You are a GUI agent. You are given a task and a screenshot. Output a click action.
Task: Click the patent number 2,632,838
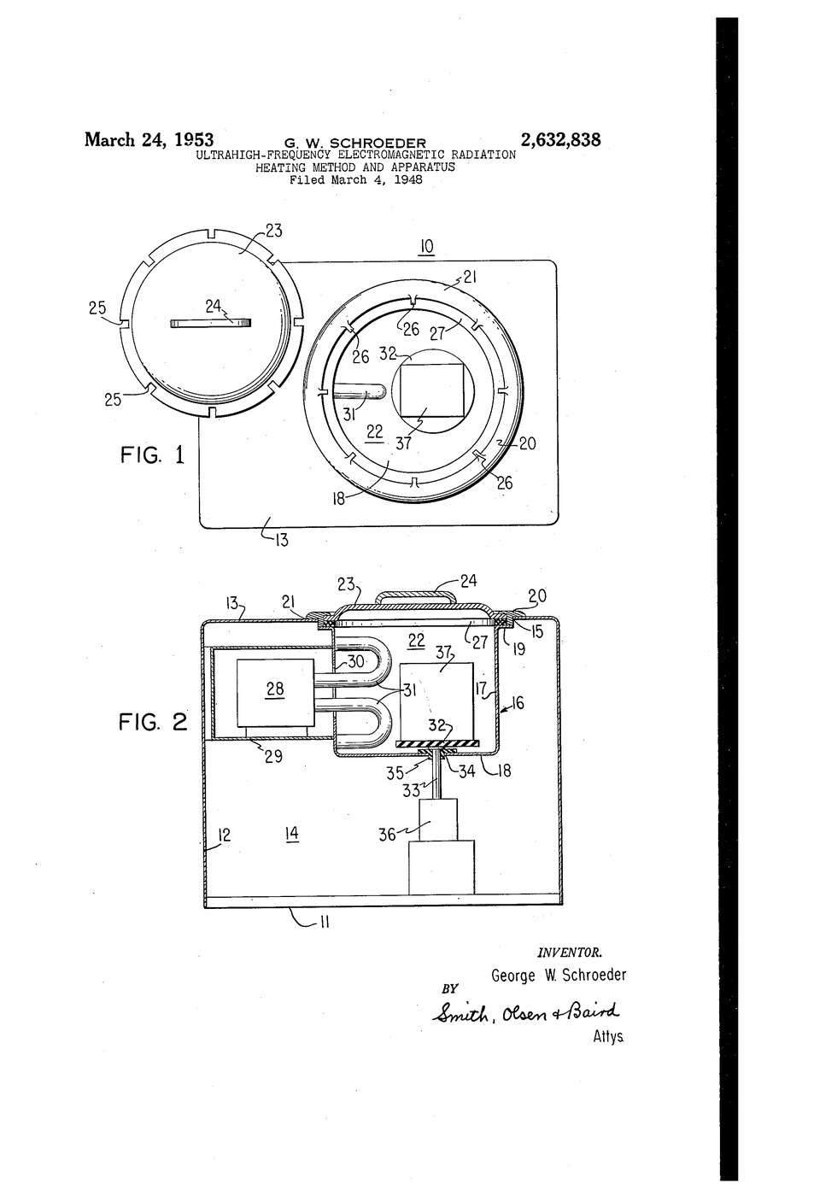pos(560,140)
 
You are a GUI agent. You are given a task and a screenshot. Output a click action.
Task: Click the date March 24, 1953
pos(149,140)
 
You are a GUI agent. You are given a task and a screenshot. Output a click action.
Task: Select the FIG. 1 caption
pos(153,454)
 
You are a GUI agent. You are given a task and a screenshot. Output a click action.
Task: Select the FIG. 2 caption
pos(153,723)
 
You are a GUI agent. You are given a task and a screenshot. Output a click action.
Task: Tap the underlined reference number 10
pos(427,247)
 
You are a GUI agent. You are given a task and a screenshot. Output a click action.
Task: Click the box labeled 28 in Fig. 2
pos(275,693)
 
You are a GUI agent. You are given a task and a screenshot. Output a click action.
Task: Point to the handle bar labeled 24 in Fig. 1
pos(211,323)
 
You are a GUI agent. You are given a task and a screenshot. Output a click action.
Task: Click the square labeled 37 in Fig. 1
pos(432,390)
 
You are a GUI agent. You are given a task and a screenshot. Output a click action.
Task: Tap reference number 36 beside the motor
pos(387,835)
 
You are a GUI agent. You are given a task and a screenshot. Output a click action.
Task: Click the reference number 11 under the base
pos(324,922)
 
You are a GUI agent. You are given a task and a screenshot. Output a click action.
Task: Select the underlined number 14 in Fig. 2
pos(292,834)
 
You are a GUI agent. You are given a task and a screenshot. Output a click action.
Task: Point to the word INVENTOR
pos(570,952)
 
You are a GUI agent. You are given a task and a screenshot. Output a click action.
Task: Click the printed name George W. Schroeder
pos(559,976)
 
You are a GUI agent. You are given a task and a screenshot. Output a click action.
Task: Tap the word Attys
pos(608,1036)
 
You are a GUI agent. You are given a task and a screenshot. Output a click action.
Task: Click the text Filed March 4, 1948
pos(356,180)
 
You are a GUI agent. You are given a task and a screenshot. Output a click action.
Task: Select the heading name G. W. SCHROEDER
pos(355,144)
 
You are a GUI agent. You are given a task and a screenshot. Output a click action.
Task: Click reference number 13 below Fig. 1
pos(281,540)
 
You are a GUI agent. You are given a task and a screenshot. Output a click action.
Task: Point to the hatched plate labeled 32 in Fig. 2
pos(437,742)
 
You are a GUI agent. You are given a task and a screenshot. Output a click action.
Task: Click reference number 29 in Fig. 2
pos(273,755)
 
